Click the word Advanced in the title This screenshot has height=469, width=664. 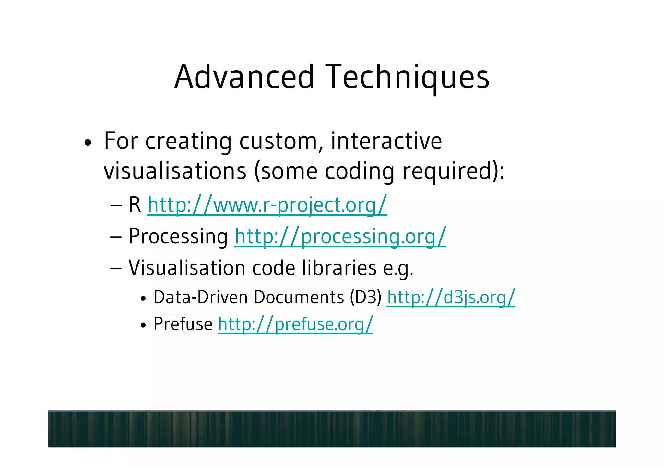tap(244, 77)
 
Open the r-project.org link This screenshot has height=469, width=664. tap(267, 205)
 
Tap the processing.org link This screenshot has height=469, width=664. tap(340, 237)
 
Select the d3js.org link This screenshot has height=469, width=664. tap(451, 298)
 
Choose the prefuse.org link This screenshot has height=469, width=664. tap(295, 324)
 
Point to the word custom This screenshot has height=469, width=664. tap(281, 142)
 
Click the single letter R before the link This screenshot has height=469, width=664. tap(135, 205)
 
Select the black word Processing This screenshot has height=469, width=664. tap(178, 237)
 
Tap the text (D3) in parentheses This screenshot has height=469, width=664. tap(366, 297)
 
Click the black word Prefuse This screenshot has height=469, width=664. tap(183, 324)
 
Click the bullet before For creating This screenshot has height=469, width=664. tap(88, 143)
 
